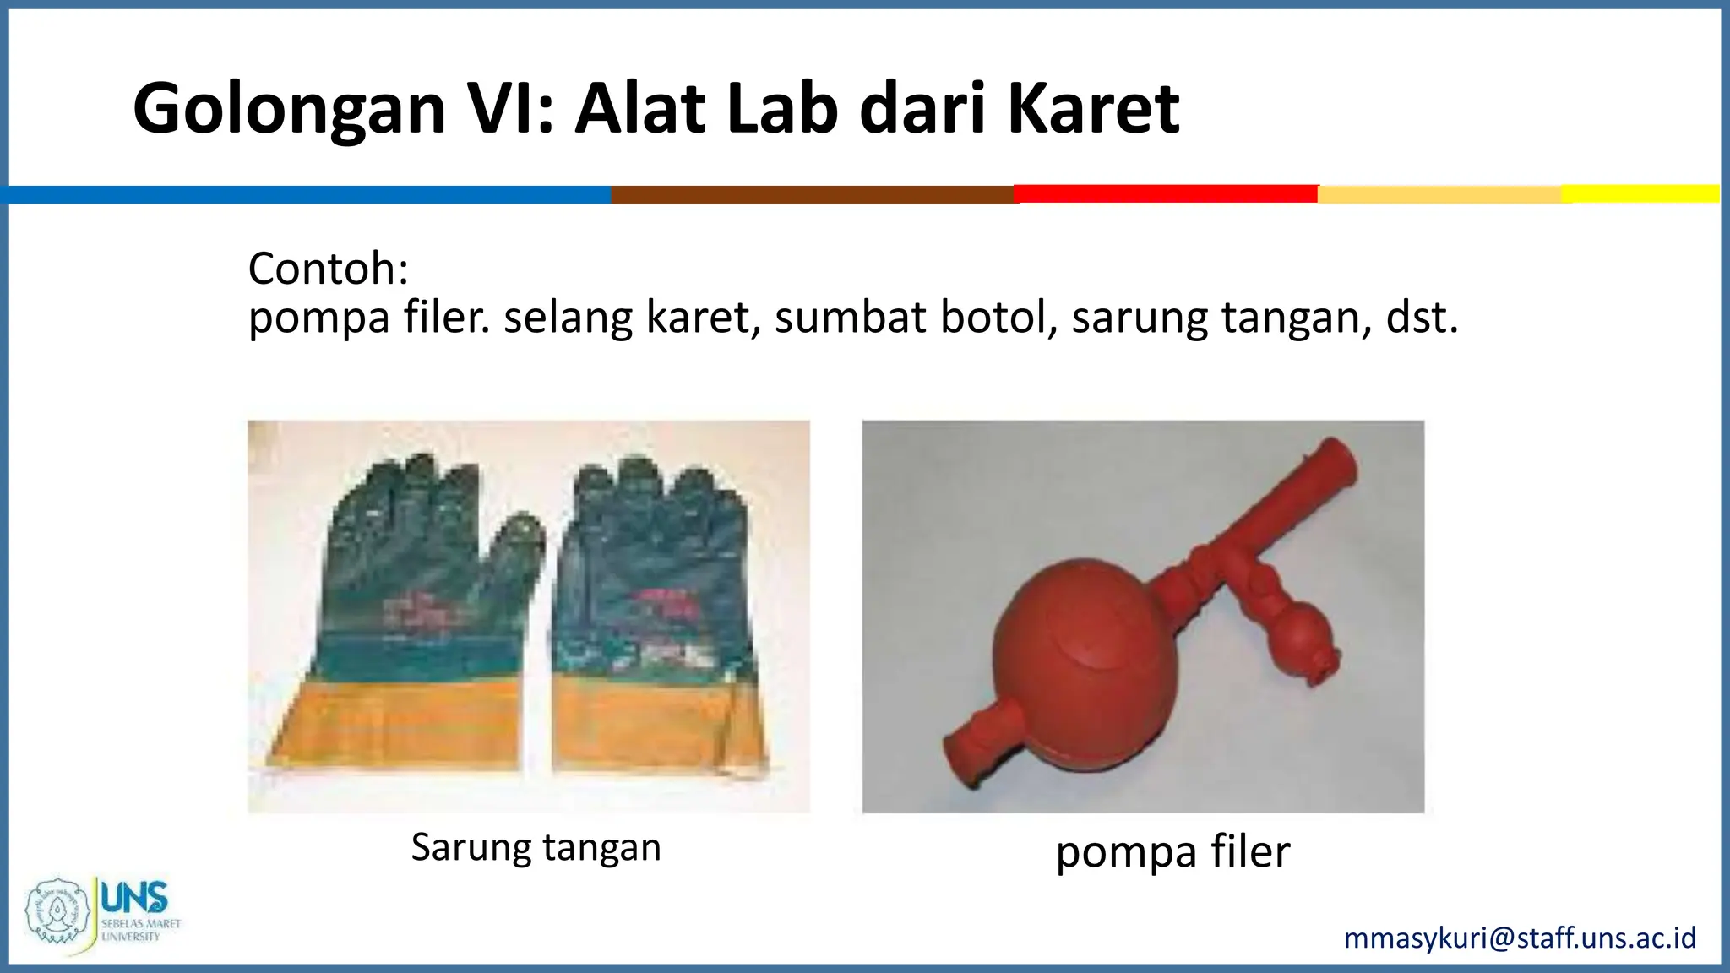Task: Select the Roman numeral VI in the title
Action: tap(511, 110)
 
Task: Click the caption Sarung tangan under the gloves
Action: tap(536, 847)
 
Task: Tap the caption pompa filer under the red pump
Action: tap(1172, 851)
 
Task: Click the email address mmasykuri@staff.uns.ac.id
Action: tap(1520, 938)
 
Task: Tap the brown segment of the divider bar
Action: tap(812, 194)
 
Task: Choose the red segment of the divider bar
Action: tap(1166, 193)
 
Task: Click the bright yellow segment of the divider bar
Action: tap(1640, 193)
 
